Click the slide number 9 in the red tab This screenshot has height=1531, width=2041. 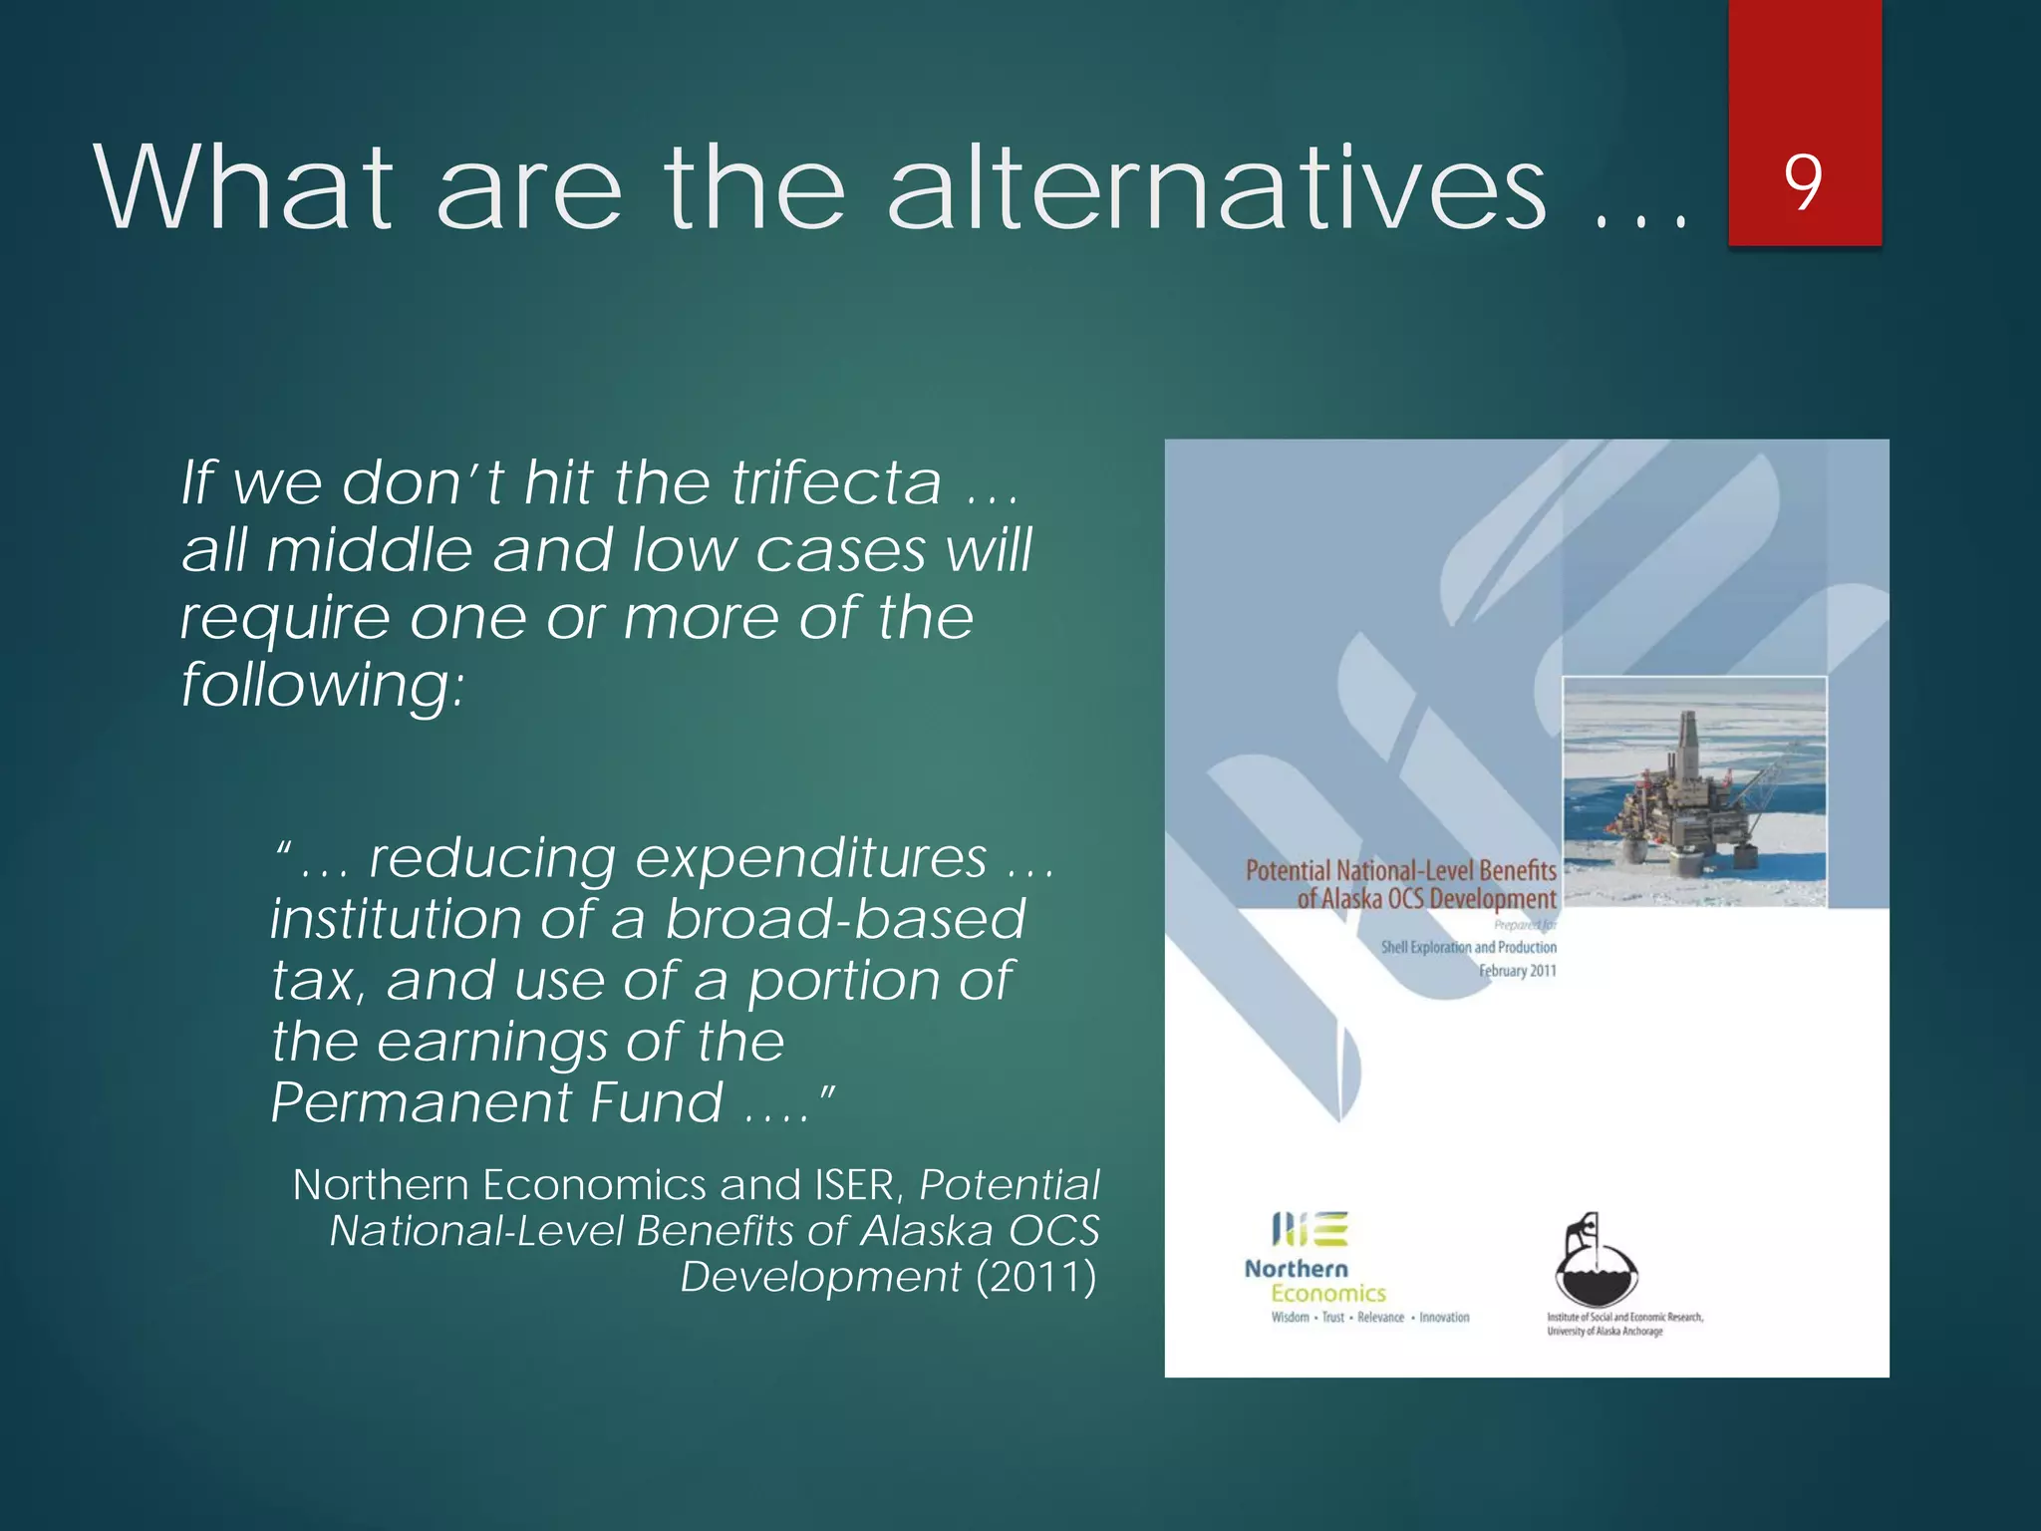coord(1803,182)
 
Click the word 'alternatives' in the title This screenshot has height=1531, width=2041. coord(1216,187)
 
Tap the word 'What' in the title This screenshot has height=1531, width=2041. coord(244,187)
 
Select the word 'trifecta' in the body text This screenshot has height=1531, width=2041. coord(837,482)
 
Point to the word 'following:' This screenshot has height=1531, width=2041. coord(322,686)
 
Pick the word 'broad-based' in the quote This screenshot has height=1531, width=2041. coord(845,918)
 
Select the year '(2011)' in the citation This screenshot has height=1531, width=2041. coord(1036,1277)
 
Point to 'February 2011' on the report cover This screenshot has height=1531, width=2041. coord(1517,971)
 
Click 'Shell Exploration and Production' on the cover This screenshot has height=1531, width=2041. coord(1468,947)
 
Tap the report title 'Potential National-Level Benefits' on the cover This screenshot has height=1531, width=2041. coord(1400,871)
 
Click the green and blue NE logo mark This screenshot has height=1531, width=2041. coord(1310,1229)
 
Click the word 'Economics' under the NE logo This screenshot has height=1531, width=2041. coord(1327,1294)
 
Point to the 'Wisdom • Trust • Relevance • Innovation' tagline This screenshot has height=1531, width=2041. coord(1369,1318)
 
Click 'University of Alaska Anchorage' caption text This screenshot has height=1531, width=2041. coord(1604,1332)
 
